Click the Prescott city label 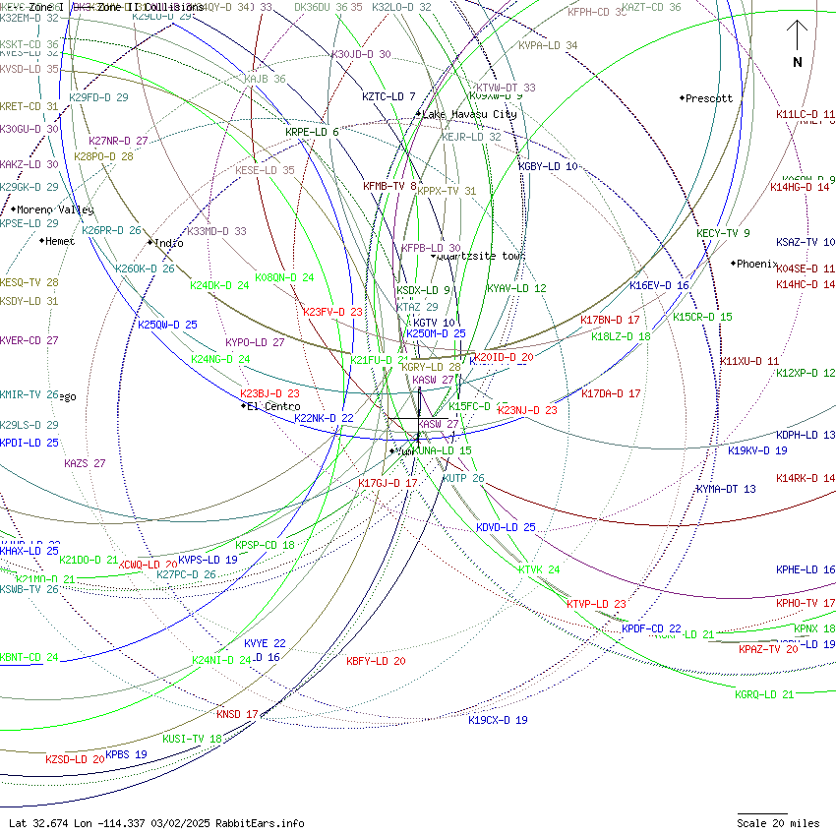pyautogui.click(x=708, y=98)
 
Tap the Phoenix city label pyautogui.click(x=756, y=264)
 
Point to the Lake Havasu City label pyautogui.click(x=469, y=114)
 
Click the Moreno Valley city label pyautogui.click(x=55, y=209)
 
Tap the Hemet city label pyautogui.click(x=60, y=241)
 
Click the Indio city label pyautogui.click(x=168, y=243)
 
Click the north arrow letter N pyautogui.click(x=798, y=62)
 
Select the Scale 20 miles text pyautogui.click(x=778, y=823)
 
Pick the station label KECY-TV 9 pyautogui.click(x=723, y=233)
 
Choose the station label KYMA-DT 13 pyautogui.click(x=726, y=489)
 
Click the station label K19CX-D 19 pyautogui.click(x=498, y=720)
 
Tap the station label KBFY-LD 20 pyautogui.click(x=376, y=661)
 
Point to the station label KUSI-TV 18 pyautogui.click(x=192, y=739)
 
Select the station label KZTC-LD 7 pyautogui.click(x=388, y=96)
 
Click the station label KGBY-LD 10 pyautogui.click(x=548, y=167)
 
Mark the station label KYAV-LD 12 pyautogui.click(x=515, y=288)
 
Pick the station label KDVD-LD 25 pyautogui.click(x=506, y=527)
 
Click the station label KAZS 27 pyautogui.click(x=85, y=463)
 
